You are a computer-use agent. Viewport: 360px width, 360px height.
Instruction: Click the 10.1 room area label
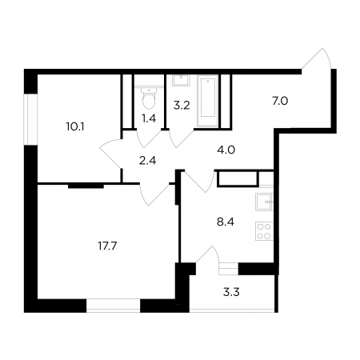(x=75, y=127)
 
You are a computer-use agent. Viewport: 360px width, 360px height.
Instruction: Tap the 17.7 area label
(x=108, y=246)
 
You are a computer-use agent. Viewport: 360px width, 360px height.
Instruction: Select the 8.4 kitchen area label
(x=226, y=222)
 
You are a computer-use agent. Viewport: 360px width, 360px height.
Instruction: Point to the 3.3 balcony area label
(x=231, y=292)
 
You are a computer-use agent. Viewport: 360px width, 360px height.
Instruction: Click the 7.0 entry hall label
(x=280, y=101)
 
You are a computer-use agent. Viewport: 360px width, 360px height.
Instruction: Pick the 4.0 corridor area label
(x=226, y=150)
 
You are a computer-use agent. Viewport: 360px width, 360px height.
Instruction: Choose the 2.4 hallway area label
(x=147, y=161)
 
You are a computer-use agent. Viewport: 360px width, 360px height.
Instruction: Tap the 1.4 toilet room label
(x=149, y=118)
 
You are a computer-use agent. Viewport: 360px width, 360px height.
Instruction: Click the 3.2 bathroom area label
(x=182, y=106)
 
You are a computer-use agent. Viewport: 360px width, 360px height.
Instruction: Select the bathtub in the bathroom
(x=208, y=101)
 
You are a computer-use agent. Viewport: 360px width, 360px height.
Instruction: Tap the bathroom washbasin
(x=182, y=80)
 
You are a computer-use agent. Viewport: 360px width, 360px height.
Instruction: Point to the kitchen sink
(x=264, y=202)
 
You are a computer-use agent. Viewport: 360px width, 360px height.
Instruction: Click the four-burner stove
(x=264, y=231)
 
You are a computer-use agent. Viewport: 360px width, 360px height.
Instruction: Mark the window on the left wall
(x=30, y=119)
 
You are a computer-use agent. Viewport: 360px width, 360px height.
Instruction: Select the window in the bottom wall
(x=114, y=306)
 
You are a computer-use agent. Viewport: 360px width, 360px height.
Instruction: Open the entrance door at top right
(x=318, y=60)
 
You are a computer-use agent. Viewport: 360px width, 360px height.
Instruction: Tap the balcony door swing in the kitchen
(x=208, y=254)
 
